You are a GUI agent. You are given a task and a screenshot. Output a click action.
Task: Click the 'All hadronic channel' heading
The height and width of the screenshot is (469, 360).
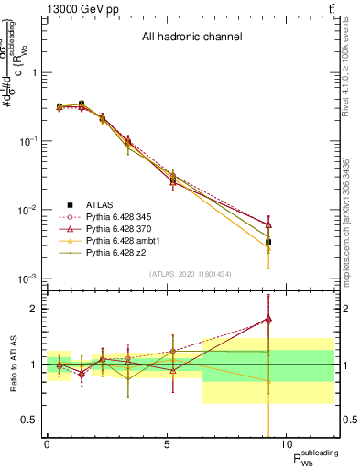click(191, 38)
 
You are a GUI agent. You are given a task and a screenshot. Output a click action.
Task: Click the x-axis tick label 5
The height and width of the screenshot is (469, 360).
click(167, 445)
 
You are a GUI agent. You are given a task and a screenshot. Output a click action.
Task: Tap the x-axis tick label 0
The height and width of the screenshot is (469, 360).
click(47, 445)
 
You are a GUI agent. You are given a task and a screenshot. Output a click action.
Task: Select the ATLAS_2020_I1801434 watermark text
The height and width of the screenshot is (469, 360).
click(191, 274)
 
